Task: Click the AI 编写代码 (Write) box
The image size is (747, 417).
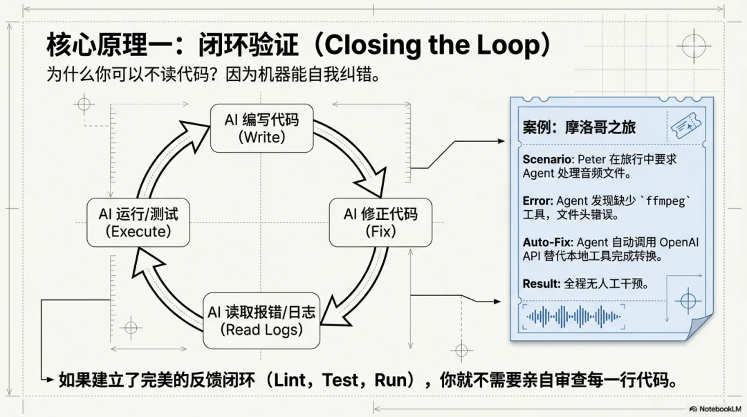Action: tap(261, 128)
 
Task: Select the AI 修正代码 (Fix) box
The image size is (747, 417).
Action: tap(380, 222)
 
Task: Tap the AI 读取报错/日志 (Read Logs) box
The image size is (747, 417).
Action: tap(261, 321)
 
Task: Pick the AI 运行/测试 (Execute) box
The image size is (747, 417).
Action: tap(138, 222)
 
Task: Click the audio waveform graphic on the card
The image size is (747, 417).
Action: tap(574, 317)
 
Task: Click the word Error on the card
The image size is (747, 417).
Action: tap(537, 201)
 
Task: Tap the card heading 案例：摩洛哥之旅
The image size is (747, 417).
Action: tap(579, 127)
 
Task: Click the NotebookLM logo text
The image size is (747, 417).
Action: tap(719, 409)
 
